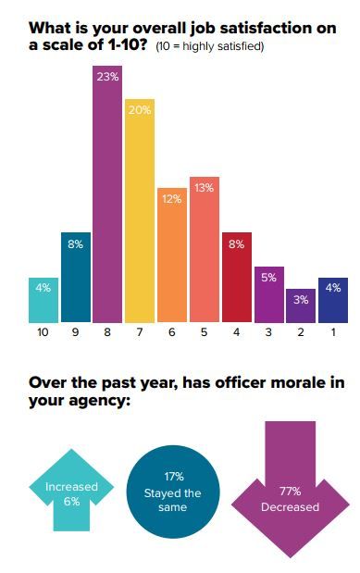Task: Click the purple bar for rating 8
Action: coord(107,204)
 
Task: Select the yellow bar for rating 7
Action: coord(139,213)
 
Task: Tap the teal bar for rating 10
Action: coord(43,302)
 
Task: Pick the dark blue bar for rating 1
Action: coord(332,302)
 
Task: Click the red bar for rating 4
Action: coord(236,278)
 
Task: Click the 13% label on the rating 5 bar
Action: coord(205,188)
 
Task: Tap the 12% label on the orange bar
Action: coord(171,199)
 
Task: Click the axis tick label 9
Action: coord(75,331)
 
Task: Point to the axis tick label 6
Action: coord(171,331)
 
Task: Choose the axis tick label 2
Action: coord(301,331)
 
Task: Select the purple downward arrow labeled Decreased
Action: coord(290,491)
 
